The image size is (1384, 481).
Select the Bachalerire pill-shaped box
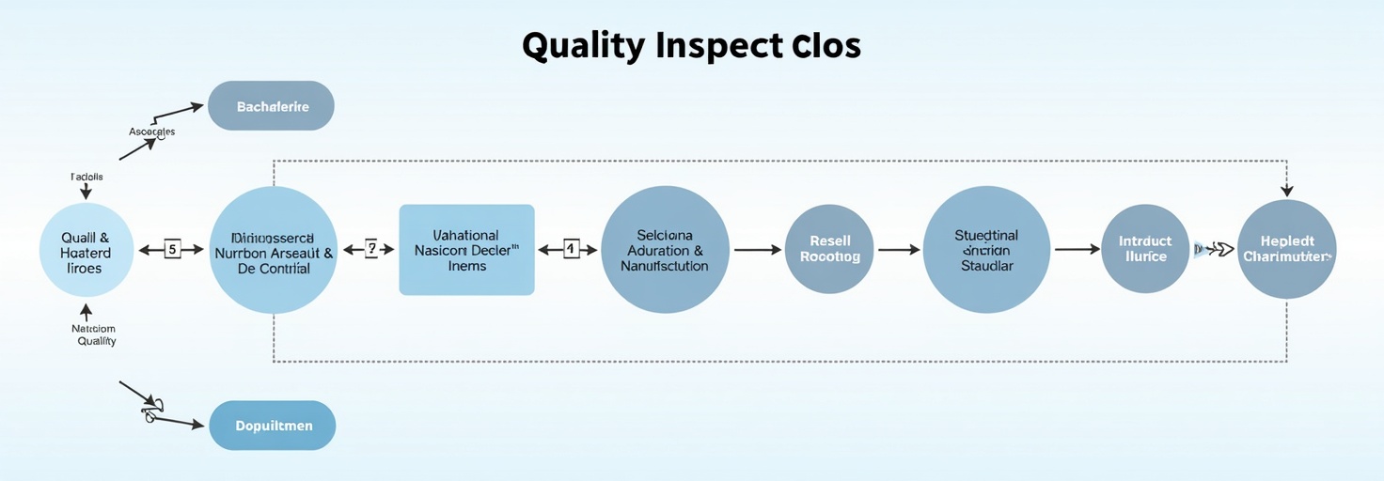[272, 106]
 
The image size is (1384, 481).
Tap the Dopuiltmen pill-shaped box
[273, 426]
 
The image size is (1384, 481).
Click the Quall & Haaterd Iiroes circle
[86, 251]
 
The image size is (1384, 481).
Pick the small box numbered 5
[172, 249]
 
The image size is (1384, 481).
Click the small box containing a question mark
[370, 249]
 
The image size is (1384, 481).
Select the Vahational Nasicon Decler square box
[466, 250]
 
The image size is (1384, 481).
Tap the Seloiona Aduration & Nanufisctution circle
[665, 249]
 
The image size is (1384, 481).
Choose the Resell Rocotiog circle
[829, 249]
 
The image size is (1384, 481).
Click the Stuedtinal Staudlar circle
[986, 249]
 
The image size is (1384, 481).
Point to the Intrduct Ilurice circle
[1144, 249]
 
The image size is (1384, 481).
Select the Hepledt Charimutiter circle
[1286, 249]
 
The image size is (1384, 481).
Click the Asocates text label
[152, 132]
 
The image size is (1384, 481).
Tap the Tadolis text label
[86, 177]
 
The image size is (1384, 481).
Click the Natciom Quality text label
[95, 335]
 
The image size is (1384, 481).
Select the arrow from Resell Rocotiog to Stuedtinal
[899, 250]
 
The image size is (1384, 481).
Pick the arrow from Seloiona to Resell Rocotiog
[758, 250]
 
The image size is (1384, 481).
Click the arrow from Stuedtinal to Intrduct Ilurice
[1077, 250]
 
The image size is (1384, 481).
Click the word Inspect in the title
[717, 47]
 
